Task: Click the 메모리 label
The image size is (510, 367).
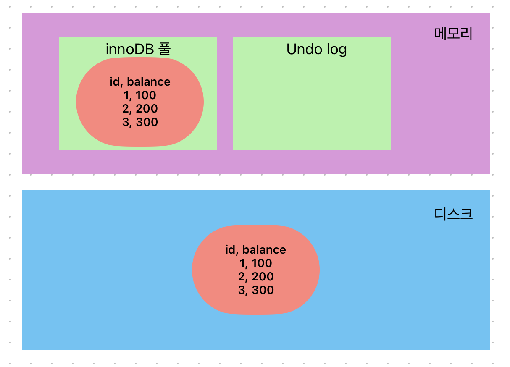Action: tap(453, 34)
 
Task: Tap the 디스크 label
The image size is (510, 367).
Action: tap(453, 214)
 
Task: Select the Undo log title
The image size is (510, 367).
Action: tap(316, 50)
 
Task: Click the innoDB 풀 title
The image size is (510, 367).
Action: tap(138, 50)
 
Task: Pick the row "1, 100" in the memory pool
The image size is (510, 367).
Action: tap(140, 95)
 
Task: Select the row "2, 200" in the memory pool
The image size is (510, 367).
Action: tap(140, 109)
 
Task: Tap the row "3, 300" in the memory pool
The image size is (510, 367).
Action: tap(140, 122)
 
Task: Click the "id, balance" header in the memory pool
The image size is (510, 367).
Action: tap(140, 82)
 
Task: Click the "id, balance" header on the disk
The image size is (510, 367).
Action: tap(255, 250)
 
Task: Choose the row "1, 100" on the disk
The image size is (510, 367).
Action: tap(255, 263)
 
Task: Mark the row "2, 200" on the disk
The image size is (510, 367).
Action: tap(255, 277)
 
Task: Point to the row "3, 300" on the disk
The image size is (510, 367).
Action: tap(255, 290)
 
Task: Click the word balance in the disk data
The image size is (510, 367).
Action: tap(264, 250)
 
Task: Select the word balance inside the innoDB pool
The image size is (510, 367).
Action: tap(149, 82)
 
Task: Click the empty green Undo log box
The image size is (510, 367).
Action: tap(312, 105)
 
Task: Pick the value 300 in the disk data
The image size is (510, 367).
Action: tap(263, 290)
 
